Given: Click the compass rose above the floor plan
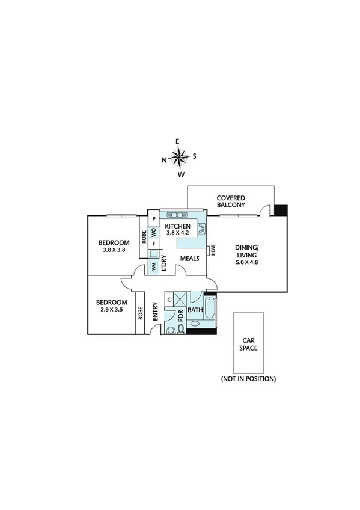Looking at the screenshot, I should click(180, 158).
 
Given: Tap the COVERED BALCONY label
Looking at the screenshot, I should click(231, 201).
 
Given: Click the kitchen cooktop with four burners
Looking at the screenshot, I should click(202, 227).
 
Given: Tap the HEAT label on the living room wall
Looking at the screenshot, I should click(213, 251).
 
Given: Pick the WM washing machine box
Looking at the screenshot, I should click(154, 265).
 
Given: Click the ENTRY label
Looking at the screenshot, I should click(155, 310).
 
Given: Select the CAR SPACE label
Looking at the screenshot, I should click(248, 343).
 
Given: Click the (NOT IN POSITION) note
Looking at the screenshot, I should click(248, 379).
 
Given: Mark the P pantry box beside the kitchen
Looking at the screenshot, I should click(154, 219).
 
